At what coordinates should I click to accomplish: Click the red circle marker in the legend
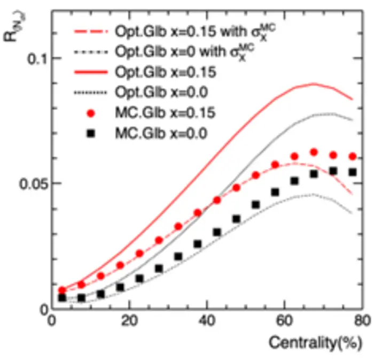click(x=92, y=113)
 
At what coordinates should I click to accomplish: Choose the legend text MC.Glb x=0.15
click(x=162, y=113)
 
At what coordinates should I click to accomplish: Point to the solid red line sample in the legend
click(x=92, y=72)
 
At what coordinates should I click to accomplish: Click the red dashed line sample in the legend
click(x=92, y=31)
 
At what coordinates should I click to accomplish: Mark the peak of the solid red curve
click(x=314, y=83)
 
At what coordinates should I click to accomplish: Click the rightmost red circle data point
click(x=353, y=156)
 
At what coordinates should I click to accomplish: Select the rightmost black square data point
click(x=353, y=172)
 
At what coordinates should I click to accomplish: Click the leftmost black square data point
click(x=62, y=297)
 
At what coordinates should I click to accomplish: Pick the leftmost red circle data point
click(x=62, y=290)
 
